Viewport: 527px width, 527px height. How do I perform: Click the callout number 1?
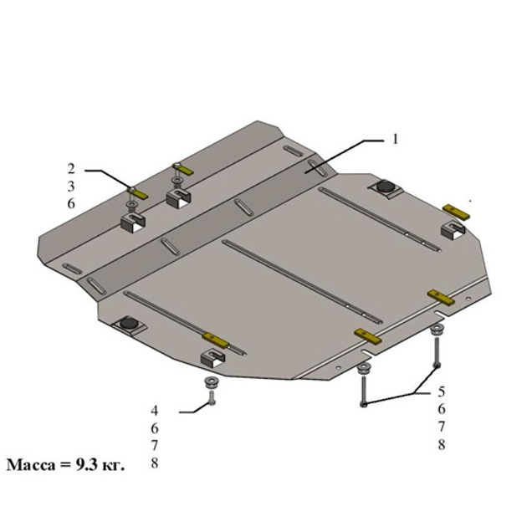point(395,139)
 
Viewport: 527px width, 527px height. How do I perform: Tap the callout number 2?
point(71,169)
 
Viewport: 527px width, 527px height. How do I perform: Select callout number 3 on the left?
point(71,187)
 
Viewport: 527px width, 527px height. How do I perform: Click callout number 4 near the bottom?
point(154,411)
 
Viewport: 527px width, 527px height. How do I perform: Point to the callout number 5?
point(442,391)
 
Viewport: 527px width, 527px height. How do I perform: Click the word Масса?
point(31,465)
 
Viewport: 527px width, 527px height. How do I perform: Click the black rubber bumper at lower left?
point(129,322)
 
